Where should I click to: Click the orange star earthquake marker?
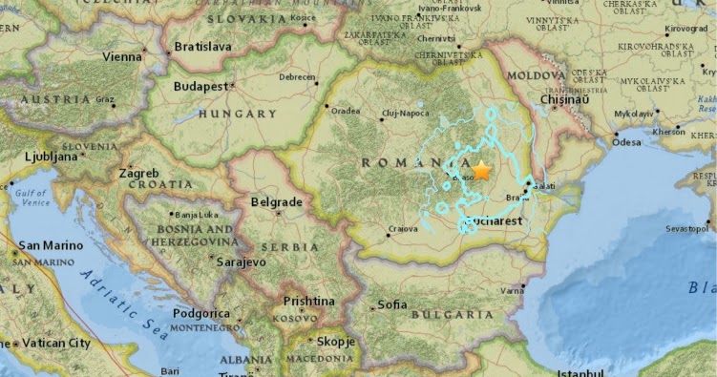click(482, 171)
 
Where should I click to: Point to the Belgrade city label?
click(275, 202)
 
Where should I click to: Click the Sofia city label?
click(391, 305)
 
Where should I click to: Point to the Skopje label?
click(336, 341)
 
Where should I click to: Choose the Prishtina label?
click(308, 302)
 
